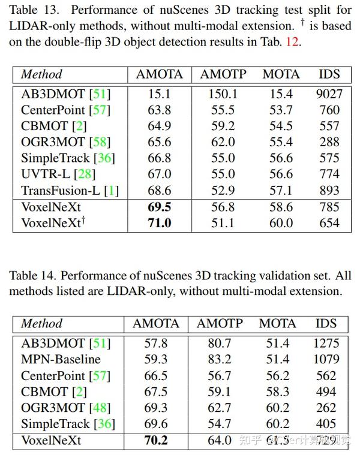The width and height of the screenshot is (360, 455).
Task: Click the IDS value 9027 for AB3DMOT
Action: click(329, 94)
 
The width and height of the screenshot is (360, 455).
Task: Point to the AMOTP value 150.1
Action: click(219, 94)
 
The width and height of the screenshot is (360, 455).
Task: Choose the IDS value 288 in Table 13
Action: click(329, 142)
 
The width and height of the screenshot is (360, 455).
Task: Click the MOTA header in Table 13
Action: click(281, 74)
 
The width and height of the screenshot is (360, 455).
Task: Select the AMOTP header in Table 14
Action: click(220, 324)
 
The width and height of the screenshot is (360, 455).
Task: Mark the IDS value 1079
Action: click(326, 360)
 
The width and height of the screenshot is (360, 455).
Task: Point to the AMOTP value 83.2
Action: click(220, 360)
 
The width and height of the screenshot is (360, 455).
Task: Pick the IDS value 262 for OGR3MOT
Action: click(326, 408)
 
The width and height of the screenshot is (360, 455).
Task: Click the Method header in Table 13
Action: click(41, 74)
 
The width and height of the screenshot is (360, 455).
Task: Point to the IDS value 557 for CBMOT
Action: click(329, 126)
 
